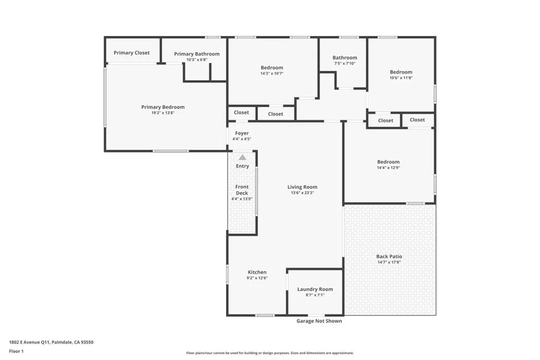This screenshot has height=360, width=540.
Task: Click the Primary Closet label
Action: click(132, 53)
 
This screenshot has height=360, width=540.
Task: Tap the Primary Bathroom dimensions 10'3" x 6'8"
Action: click(197, 60)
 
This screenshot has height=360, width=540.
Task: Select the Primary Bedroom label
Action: click(163, 107)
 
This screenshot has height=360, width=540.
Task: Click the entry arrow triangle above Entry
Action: click(242, 157)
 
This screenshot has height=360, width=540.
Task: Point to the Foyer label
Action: click(242, 133)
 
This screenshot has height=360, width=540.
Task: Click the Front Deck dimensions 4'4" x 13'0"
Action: click(242, 199)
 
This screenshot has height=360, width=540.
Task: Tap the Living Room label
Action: click(302, 187)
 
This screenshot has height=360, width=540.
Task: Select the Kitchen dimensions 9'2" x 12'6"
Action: click(257, 278)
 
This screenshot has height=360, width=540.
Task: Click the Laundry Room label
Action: click(315, 289)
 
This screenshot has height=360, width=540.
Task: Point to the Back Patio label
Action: click(389, 256)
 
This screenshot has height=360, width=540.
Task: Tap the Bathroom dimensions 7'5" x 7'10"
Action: click(345, 63)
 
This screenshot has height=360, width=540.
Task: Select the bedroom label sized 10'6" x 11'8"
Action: click(401, 72)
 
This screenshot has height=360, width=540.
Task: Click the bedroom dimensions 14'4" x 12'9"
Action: click(388, 168)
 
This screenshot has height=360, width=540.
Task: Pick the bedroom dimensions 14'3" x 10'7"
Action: click(272, 73)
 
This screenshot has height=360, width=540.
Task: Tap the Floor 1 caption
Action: click(17, 351)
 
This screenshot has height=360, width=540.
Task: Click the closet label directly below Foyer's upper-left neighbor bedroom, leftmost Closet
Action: click(242, 112)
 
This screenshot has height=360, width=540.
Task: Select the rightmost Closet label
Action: click(417, 120)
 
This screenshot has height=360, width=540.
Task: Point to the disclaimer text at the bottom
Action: click(269, 353)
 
